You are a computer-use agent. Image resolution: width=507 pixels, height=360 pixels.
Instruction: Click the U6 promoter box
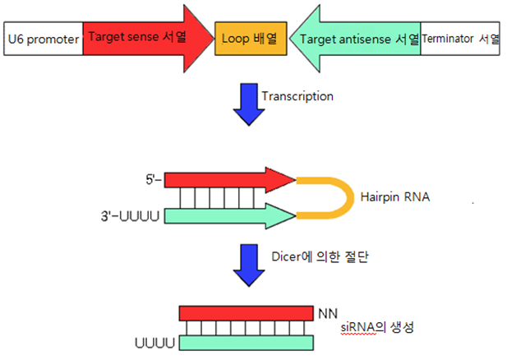44,39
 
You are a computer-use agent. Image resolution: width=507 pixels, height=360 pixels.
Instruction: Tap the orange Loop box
251,39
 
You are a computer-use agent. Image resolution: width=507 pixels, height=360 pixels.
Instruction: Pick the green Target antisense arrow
355,39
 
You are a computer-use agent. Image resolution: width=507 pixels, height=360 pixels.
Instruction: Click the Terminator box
460,39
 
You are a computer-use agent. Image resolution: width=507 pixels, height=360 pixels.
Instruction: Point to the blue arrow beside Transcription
249,104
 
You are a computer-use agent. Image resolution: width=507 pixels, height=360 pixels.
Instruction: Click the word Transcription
297,96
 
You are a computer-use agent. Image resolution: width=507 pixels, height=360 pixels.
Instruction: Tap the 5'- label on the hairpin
154,179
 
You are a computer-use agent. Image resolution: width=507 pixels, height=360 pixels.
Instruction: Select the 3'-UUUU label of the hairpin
131,216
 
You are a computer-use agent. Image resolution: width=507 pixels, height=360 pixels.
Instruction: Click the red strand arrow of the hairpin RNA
230,180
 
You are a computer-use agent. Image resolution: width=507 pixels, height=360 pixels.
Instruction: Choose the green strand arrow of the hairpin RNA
230,215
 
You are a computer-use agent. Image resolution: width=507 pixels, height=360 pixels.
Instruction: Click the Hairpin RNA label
395,197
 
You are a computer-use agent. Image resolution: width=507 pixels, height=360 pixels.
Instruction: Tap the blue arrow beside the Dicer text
249,265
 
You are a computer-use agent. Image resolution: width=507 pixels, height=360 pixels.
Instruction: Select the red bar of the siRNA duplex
247,313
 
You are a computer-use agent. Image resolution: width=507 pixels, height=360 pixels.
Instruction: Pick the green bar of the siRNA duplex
247,343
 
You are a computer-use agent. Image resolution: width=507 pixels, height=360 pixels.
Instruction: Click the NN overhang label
328,314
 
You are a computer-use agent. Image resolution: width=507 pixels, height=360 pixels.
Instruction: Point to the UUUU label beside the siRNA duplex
154,344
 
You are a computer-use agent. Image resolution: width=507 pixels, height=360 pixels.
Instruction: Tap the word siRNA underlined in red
358,328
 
